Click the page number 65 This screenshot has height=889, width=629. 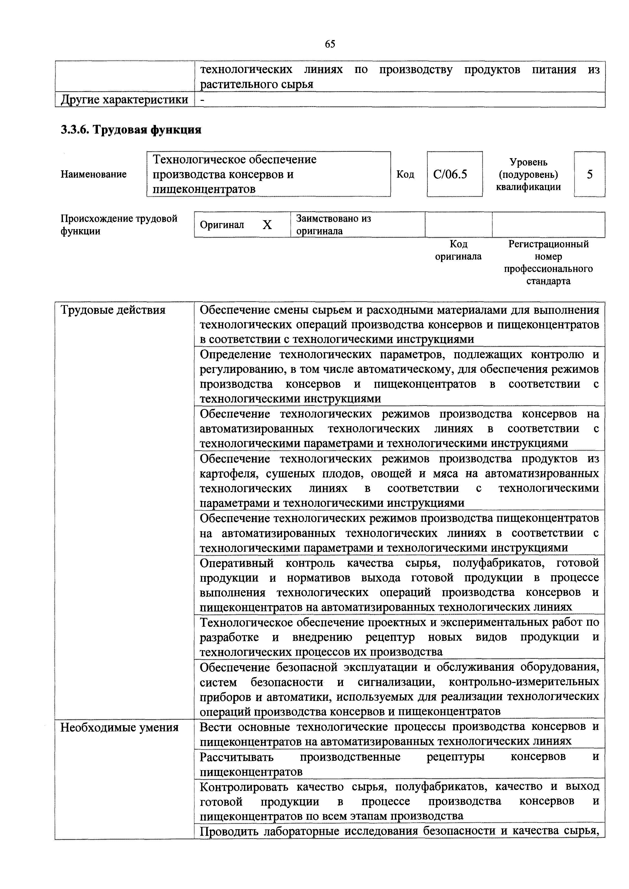tap(330, 44)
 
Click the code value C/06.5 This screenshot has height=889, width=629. tap(450, 175)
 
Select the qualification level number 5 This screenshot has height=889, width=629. tap(589, 175)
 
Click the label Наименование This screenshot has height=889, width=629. tap(93, 175)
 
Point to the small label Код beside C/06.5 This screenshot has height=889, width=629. tap(405, 175)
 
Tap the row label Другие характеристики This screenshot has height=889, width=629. tap(124, 100)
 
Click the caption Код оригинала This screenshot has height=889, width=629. tap(459, 250)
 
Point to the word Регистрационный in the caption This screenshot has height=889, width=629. tap(548, 244)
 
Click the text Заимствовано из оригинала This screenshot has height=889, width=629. tap(333, 225)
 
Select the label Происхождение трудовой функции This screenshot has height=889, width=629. tap(119, 225)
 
